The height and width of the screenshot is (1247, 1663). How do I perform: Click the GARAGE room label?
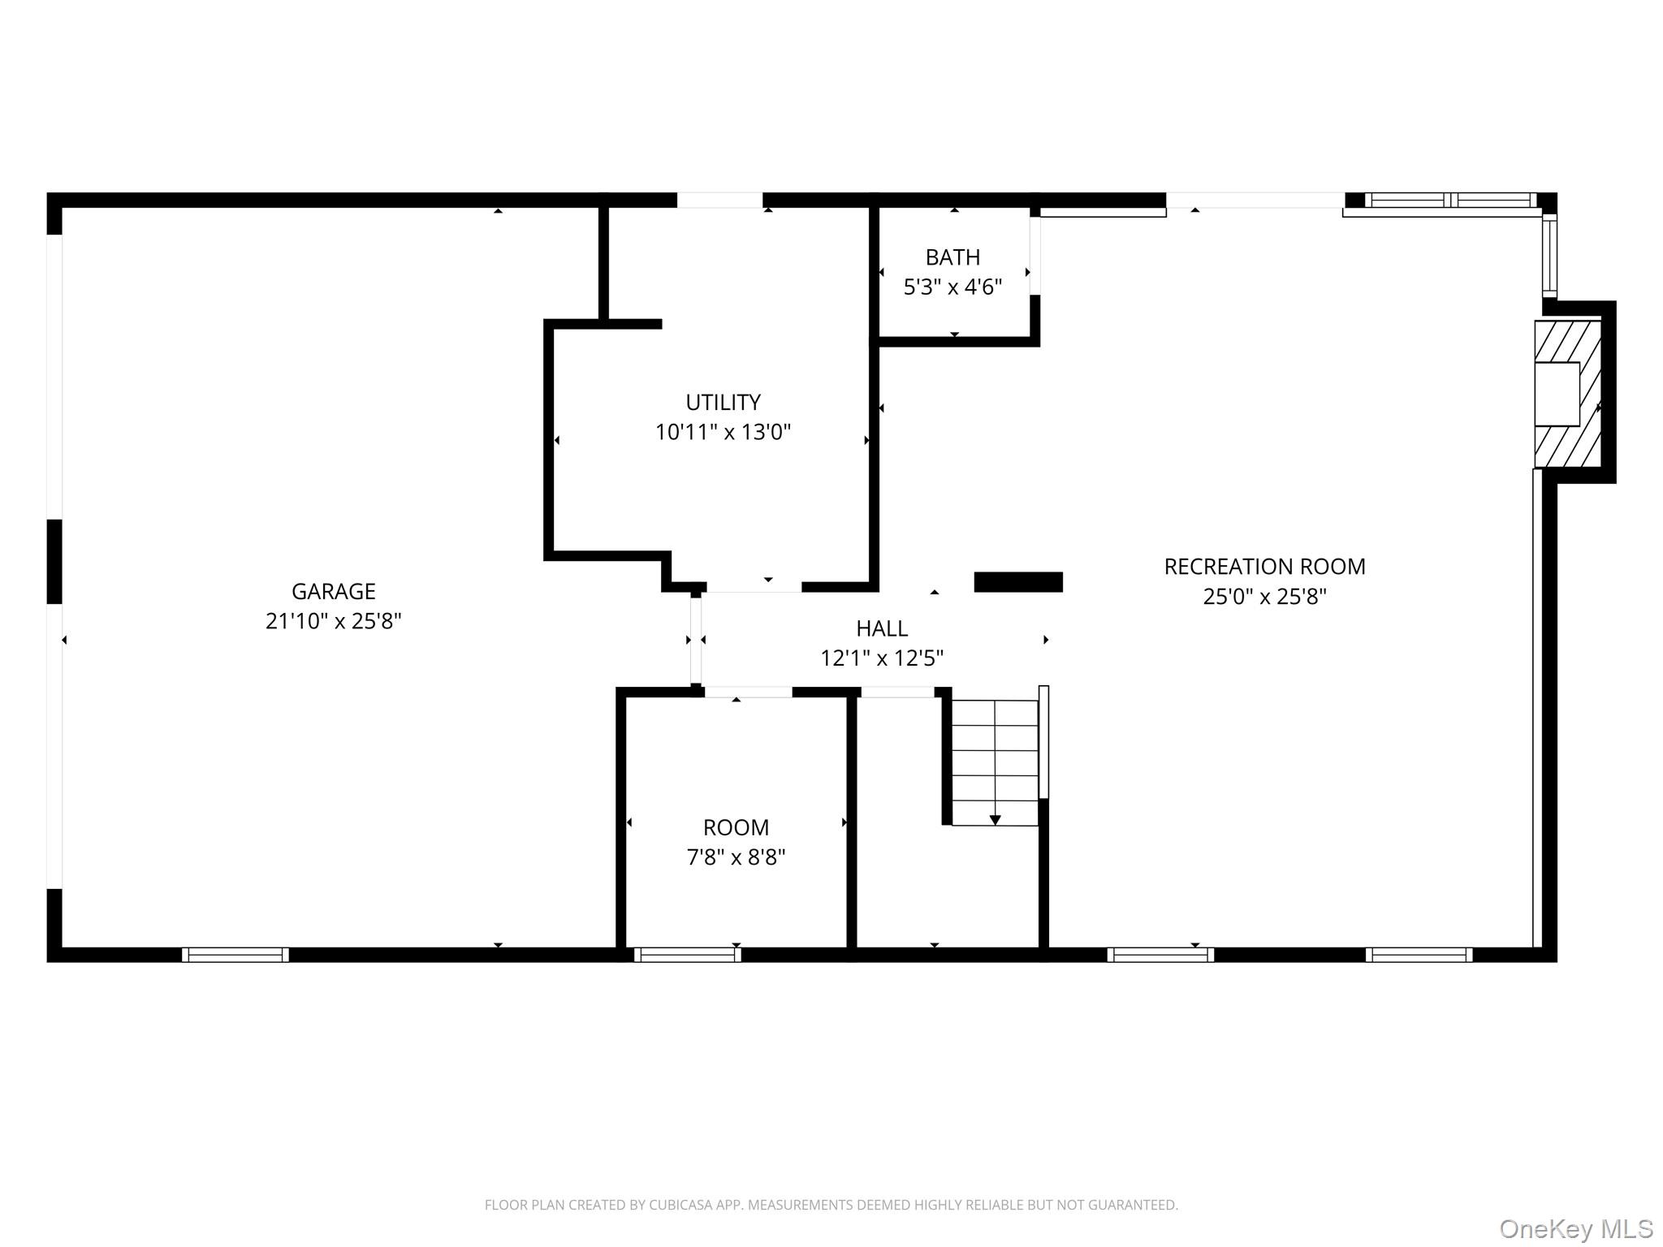[333, 591]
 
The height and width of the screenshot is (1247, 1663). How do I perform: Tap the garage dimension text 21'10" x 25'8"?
[333, 621]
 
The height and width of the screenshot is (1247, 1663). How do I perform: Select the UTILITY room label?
[723, 403]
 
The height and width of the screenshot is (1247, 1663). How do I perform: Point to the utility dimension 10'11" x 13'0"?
[723, 432]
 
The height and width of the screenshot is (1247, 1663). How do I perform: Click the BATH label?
[952, 257]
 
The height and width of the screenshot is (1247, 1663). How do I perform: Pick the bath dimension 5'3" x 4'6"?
[952, 287]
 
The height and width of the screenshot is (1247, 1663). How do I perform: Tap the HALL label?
[882, 628]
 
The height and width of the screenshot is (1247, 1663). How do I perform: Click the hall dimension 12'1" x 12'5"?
[882, 658]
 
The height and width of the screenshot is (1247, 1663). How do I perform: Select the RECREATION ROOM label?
[1264, 567]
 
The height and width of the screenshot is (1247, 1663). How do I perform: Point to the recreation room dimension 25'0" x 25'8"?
[1264, 597]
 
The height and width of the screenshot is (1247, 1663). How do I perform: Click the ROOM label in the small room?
[736, 827]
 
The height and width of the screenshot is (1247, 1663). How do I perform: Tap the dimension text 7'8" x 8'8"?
[736, 857]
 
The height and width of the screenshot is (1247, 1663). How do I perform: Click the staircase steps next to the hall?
[995, 751]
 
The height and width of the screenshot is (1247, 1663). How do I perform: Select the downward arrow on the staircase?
[995, 820]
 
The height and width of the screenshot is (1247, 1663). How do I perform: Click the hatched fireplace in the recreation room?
[1567, 394]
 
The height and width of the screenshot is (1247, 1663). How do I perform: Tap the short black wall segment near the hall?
[1018, 582]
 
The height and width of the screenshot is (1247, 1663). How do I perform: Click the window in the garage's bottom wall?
[235, 955]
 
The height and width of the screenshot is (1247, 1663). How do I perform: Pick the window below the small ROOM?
[687, 955]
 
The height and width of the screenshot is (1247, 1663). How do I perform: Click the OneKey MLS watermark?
[1576, 1229]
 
